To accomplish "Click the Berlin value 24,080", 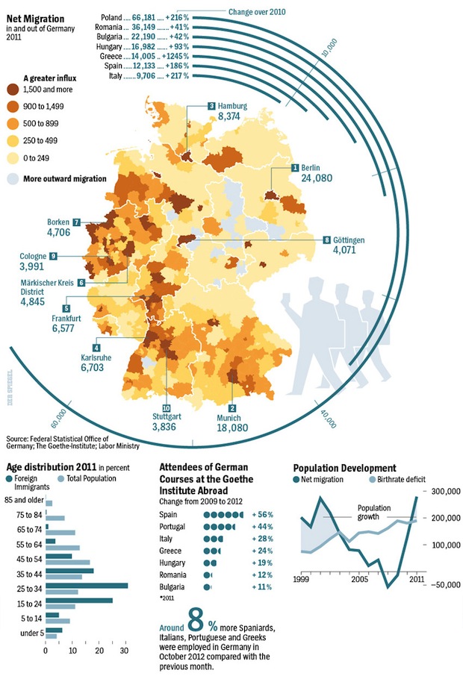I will tap(317, 179).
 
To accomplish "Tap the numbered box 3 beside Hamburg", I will tap(211, 106).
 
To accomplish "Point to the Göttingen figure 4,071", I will tap(349, 251).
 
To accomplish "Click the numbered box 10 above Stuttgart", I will tap(166, 407).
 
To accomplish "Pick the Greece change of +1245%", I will tap(174, 55).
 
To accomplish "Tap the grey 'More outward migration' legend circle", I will tap(13, 179).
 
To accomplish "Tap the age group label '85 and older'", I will tap(24, 500).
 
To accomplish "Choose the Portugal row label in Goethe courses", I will tap(174, 527).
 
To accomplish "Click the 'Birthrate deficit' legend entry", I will tap(399, 478).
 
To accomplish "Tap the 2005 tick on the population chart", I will tap(360, 579).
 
